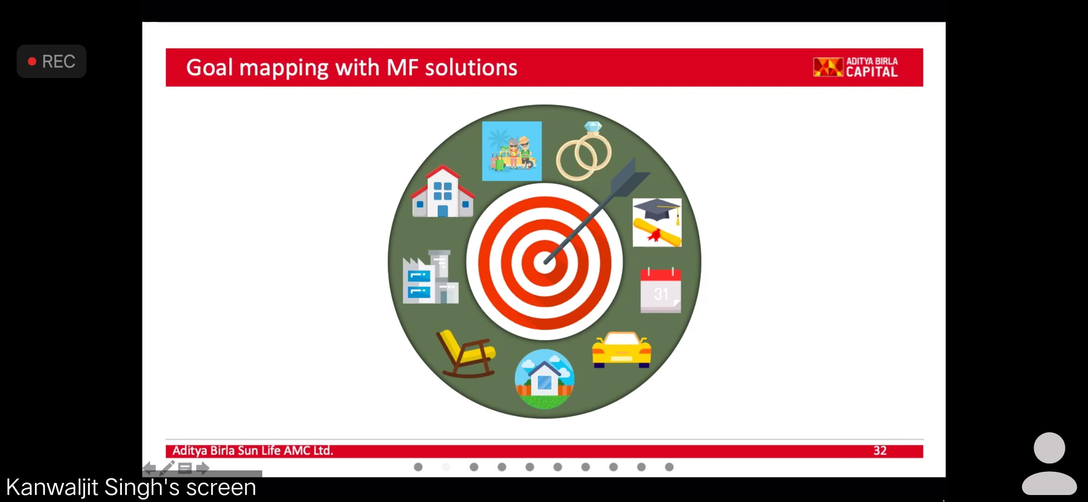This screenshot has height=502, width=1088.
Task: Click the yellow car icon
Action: tap(622, 350)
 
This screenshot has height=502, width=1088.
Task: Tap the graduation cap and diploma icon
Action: tap(657, 223)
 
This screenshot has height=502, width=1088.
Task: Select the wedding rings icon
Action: tap(584, 151)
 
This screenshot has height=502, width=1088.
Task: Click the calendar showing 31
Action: tap(661, 290)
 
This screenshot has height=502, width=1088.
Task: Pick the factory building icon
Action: tap(431, 277)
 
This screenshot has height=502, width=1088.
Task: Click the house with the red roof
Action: tap(443, 191)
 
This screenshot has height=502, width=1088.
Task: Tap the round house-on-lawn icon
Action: tap(544, 379)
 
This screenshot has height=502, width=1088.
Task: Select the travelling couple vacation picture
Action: tap(512, 151)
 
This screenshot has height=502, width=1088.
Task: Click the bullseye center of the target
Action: tap(544, 262)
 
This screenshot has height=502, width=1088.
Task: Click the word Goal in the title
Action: tap(209, 67)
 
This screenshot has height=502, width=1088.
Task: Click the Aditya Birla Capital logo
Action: tap(856, 67)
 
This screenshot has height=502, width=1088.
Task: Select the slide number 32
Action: tap(880, 450)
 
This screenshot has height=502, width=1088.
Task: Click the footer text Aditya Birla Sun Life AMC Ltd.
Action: tap(253, 450)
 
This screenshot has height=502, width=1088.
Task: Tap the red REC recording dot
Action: tap(32, 61)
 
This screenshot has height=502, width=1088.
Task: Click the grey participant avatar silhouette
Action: tap(1049, 463)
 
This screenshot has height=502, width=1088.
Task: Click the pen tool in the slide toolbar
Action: tap(167, 468)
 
